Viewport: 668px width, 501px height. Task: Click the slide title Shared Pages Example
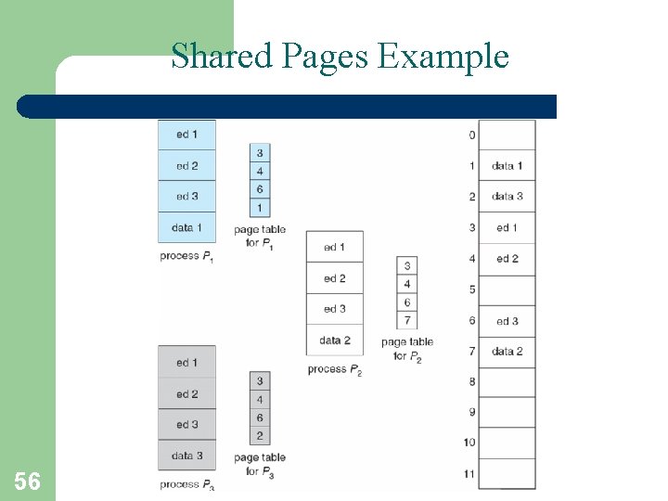pos(340,57)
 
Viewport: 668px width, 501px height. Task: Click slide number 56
pos(27,481)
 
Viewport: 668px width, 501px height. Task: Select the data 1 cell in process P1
pos(186,227)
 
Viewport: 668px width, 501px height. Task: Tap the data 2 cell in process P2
pos(334,340)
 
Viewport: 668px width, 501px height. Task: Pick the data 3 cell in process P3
pos(186,456)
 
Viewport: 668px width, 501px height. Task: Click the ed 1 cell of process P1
pos(186,135)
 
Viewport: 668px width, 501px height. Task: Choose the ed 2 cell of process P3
pos(186,394)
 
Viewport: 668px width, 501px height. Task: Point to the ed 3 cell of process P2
pos(334,309)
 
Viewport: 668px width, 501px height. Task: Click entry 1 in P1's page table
pos(260,208)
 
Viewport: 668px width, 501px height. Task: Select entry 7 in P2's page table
pos(407,321)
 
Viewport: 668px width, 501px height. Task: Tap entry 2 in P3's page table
pos(260,436)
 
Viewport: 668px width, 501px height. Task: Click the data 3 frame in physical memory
pos(507,197)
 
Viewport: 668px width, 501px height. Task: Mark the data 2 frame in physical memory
pos(507,352)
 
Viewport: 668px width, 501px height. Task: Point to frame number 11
pos(469,474)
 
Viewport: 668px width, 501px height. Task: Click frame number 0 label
pos(471,135)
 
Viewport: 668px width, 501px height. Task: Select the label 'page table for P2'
pos(407,349)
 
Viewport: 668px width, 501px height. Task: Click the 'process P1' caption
pos(186,255)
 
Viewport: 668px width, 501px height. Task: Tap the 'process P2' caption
pos(334,369)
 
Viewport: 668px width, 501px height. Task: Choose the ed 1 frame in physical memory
pos(507,228)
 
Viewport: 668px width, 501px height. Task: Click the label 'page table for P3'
pos(260,464)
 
